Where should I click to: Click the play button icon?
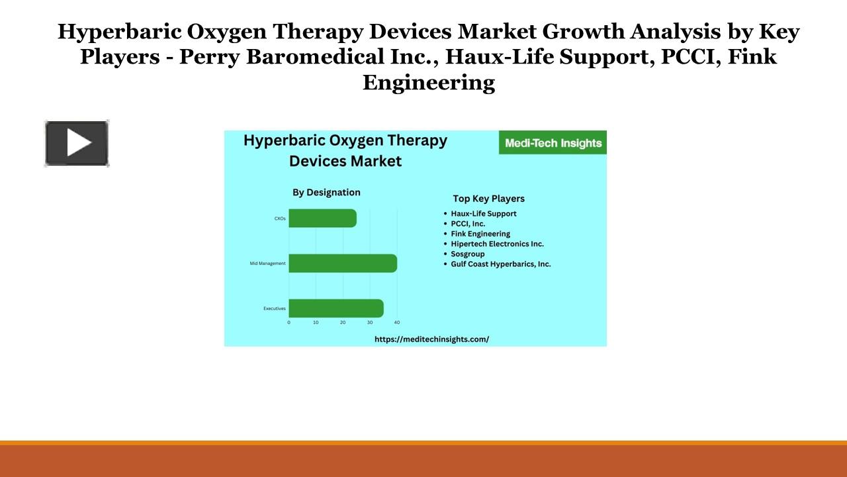pyautogui.click(x=77, y=143)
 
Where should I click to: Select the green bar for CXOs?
pyautogui.click(x=322, y=218)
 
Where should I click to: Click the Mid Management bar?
pyautogui.click(x=343, y=263)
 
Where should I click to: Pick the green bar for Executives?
pyautogui.click(x=335, y=308)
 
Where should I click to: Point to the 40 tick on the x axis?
pyautogui.click(x=397, y=323)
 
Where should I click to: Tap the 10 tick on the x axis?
pyautogui.click(x=316, y=323)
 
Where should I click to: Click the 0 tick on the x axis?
pyautogui.click(x=289, y=323)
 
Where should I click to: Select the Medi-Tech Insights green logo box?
pyautogui.click(x=553, y=142)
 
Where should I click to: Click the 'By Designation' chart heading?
pyautogui.click(x=326, y=192)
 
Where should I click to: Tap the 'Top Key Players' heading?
pyautogui.click(x=488, y=198)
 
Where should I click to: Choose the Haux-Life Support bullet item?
pyautogui.click(x=483, y=213)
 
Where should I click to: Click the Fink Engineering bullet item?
pyautogui.click(x=480, y=234)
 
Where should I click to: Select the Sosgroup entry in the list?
pyautogui.click(x=468, y=254)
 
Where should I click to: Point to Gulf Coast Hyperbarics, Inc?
pyautogui.click(x=500, y=264)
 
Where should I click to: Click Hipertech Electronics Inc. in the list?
pyautogui.click(x=497, y=244)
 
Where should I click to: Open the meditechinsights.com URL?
pyautogui.click(x=431, y=339)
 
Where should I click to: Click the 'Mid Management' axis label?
pyautogui.click(x=268, y=264)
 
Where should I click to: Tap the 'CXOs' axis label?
pyautogui.click(x=280, y=218)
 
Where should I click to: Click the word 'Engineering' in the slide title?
pyautogui.click(x=428, y=82)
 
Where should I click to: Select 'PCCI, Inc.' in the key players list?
pyautogui.click(x=468, y=224)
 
